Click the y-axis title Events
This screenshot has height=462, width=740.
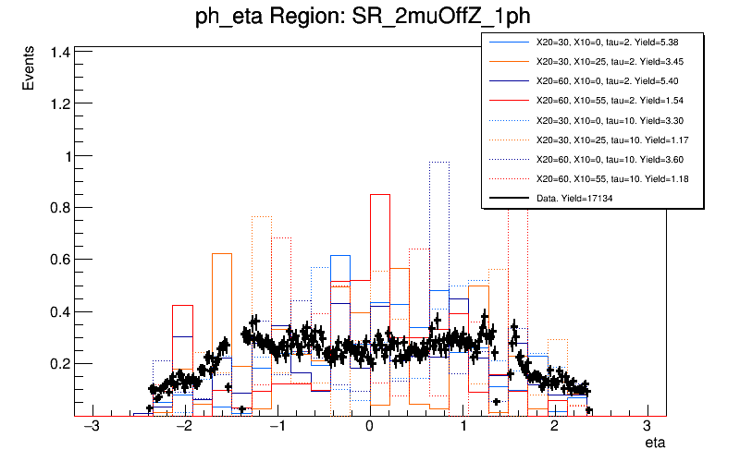pos(29,70)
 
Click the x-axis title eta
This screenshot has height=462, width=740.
pos(655,444)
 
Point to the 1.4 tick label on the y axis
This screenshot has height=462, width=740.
pos(59,53)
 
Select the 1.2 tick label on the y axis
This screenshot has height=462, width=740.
pos(59,104)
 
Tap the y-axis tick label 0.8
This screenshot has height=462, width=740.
pos(59,208)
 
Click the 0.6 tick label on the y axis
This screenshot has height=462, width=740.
pos(59,260)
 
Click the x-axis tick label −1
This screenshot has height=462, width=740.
pos(276,427)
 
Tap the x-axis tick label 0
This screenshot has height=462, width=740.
pos(369,427)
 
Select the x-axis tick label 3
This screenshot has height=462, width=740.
pos(647,427)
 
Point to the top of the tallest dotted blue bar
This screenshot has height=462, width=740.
pos(438,162)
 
